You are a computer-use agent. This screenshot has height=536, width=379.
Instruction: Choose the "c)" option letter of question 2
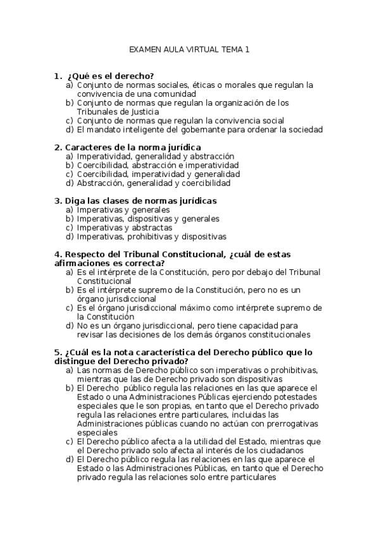70,174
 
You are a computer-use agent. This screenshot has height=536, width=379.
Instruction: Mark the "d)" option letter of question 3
70,236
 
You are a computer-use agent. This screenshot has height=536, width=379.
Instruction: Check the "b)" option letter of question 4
70,289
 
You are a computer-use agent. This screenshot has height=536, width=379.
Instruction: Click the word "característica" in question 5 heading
170,352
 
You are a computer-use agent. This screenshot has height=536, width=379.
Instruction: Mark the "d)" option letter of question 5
70,459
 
